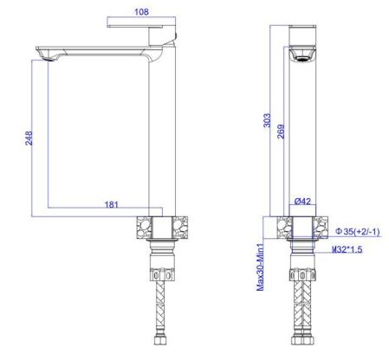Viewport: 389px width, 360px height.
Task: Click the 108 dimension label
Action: coord(141,12)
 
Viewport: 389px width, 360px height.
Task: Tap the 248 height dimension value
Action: coord(29,138)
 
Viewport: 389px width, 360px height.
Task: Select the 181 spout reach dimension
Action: coord(112,204)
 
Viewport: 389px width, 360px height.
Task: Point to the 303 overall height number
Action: coord(267,120)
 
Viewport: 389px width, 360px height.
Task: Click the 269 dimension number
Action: coord(281,132)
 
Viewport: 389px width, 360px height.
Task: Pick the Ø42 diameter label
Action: coord(302,201)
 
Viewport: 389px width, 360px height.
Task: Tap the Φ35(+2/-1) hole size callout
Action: coord(358,231)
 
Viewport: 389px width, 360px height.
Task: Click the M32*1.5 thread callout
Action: coord(347,249)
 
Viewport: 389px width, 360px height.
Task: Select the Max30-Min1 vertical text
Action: coord(260,267)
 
